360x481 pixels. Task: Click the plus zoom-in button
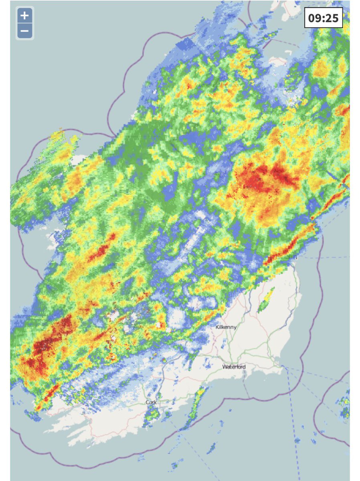25,16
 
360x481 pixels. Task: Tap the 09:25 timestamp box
323,18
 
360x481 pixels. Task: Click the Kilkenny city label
226,327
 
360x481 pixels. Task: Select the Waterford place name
234,367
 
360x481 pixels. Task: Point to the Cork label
152,402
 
